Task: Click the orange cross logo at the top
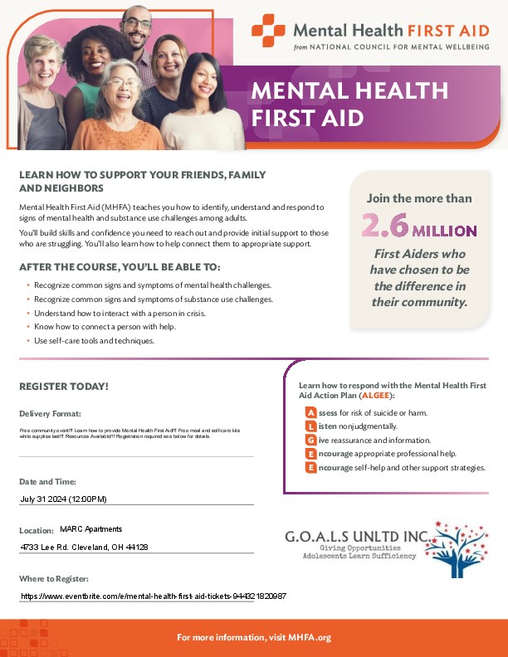(268, 31)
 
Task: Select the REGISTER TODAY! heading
(64, 387)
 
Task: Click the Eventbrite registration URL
(154, 596)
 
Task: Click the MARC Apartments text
(91, 529)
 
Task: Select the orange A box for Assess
(310, 412)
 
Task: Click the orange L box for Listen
(310, 426)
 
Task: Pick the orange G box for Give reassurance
(310, 440)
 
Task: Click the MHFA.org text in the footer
(312, 637)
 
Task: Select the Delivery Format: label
(50, 413)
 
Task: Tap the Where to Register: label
(53, 578)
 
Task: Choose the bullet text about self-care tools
(95, 341)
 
